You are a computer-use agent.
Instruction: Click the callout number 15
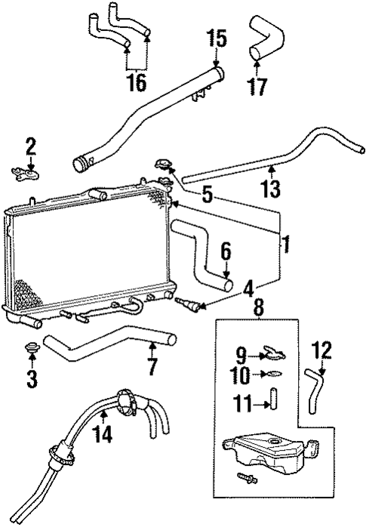pyautogui.click(x=217, y=37)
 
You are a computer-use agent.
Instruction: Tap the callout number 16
pyautogui.click(x=136, y=81)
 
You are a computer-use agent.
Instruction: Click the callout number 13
pyautogui.click(x=272, y=187)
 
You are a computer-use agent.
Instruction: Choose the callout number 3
pyautogui.click(x=31, y=377)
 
